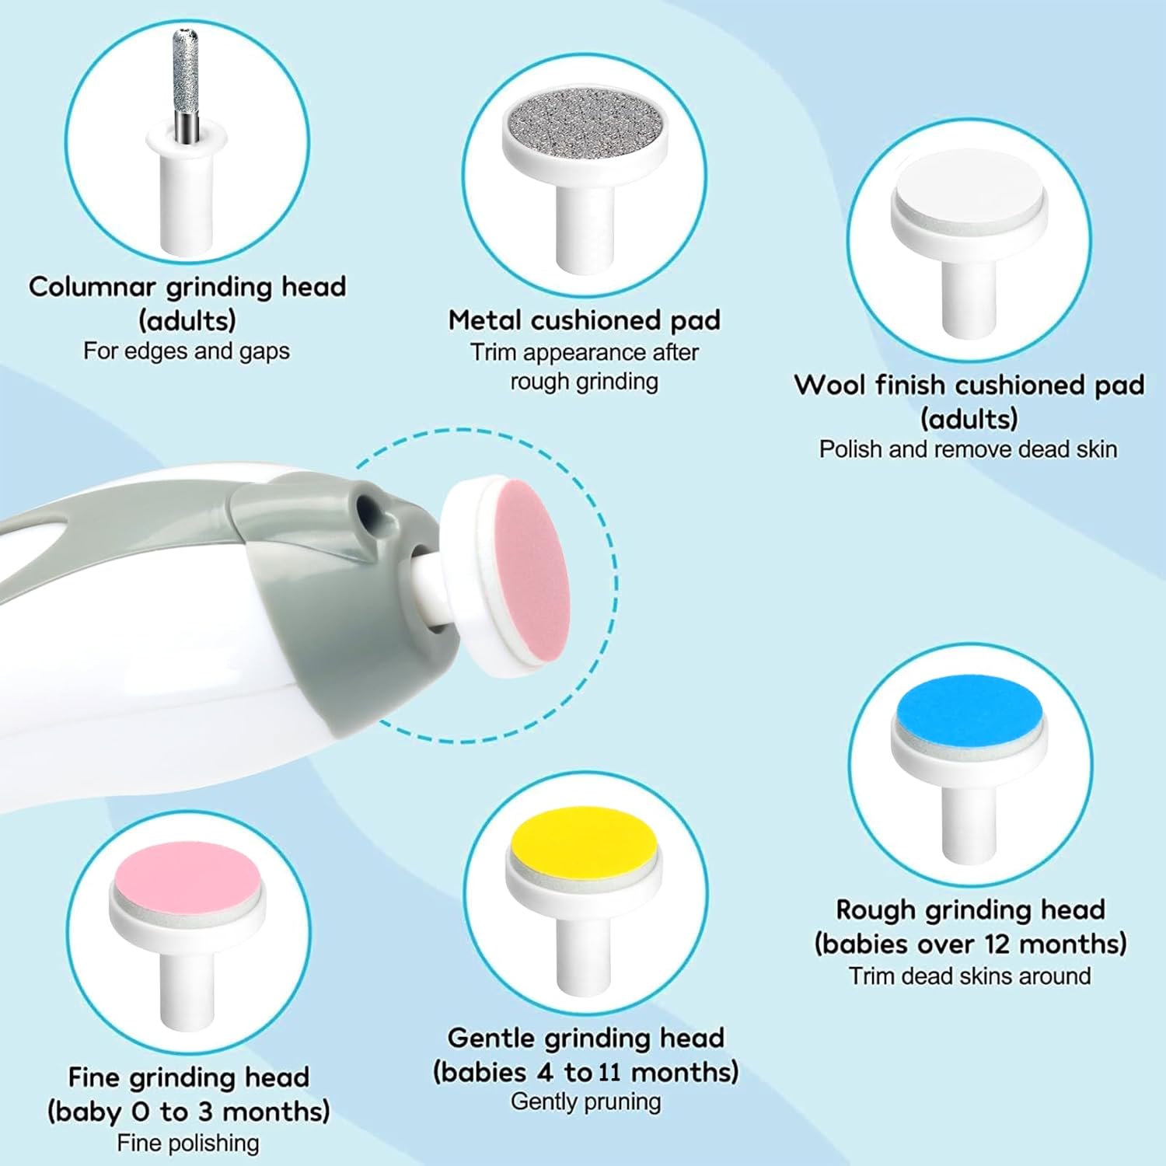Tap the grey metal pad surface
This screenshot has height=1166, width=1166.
585,123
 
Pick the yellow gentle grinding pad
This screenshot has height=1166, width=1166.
584,840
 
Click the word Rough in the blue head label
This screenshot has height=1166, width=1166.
871,909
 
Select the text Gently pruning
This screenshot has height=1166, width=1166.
585,1101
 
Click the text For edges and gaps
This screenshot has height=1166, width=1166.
187,351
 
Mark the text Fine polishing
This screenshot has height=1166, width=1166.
188,1143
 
